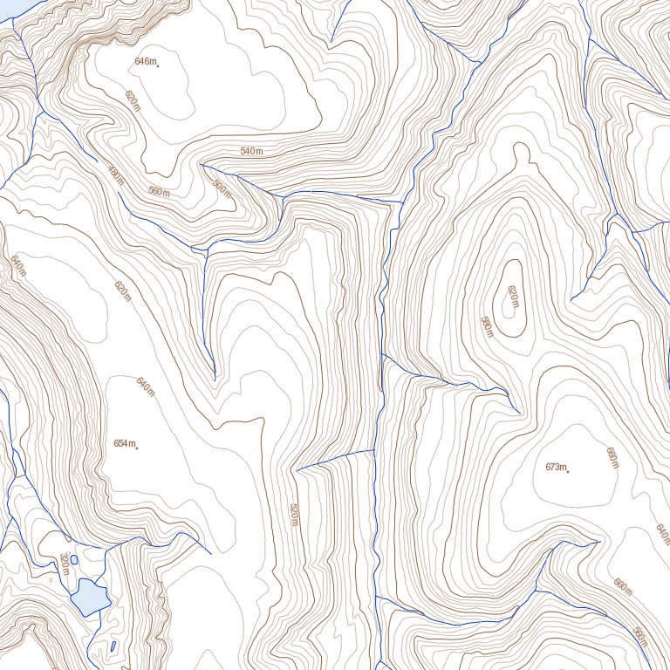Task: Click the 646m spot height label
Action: (x=145, y=61)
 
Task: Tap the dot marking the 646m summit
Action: (x=158, y=65)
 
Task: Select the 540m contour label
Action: (x=251, y=152)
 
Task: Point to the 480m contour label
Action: (x=116, y=176)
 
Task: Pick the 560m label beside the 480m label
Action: (x=159, y=191)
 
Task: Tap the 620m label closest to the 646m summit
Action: (x=133, y=100)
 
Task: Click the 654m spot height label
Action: (x=124, y=444)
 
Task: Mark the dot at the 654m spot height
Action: (x=137, y=448)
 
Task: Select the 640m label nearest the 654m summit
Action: (x=145, y=385)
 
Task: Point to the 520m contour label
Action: (x=294, y=514)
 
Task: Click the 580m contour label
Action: (x=487, y=327)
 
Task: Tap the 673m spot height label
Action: (x=556, y=468)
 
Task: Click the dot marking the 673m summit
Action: (x=568, y=472)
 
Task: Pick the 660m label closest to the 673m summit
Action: (x=612, y=456)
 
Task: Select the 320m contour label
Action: (x=65, y=564)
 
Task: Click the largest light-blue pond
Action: (x=90, y=597)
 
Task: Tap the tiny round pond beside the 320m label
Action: (x=73, y=559)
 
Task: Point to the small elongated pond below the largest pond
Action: (x=113, y=646)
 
